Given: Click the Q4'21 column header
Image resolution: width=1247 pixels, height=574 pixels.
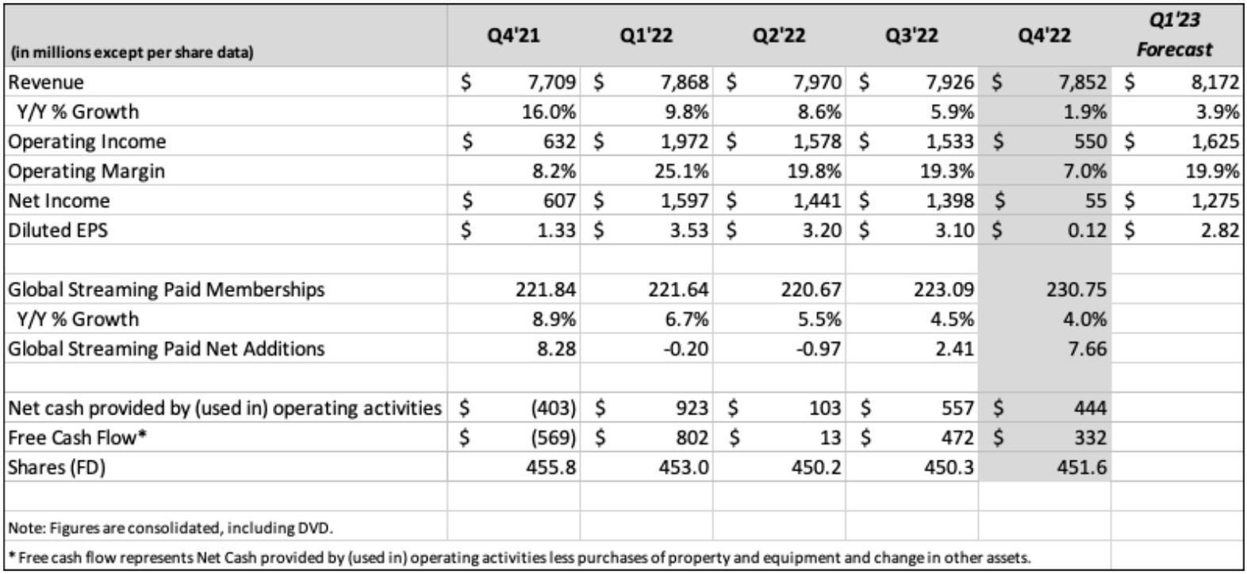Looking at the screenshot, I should pyautogui.click(x=513, y=36).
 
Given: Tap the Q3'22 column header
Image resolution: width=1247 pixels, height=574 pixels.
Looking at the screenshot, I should pyautogui.click(x=911, y=36).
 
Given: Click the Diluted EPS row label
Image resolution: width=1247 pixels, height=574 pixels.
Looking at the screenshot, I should pyautogui.click(x=58, y=230).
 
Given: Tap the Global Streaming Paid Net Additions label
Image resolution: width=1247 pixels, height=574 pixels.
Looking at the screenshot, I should pyautogui.click(x=166, y=349).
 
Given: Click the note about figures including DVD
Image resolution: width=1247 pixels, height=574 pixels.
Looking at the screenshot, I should pyautogui.click(x=171, y=527).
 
